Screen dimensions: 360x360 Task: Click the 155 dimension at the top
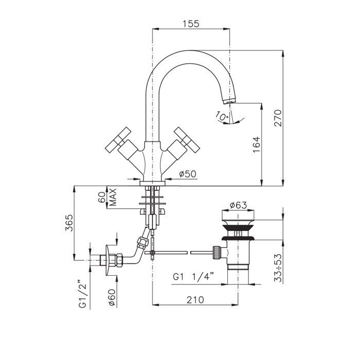[190, 24]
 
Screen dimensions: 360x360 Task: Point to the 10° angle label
[222, 117]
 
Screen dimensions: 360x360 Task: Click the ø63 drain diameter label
[239, 205]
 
